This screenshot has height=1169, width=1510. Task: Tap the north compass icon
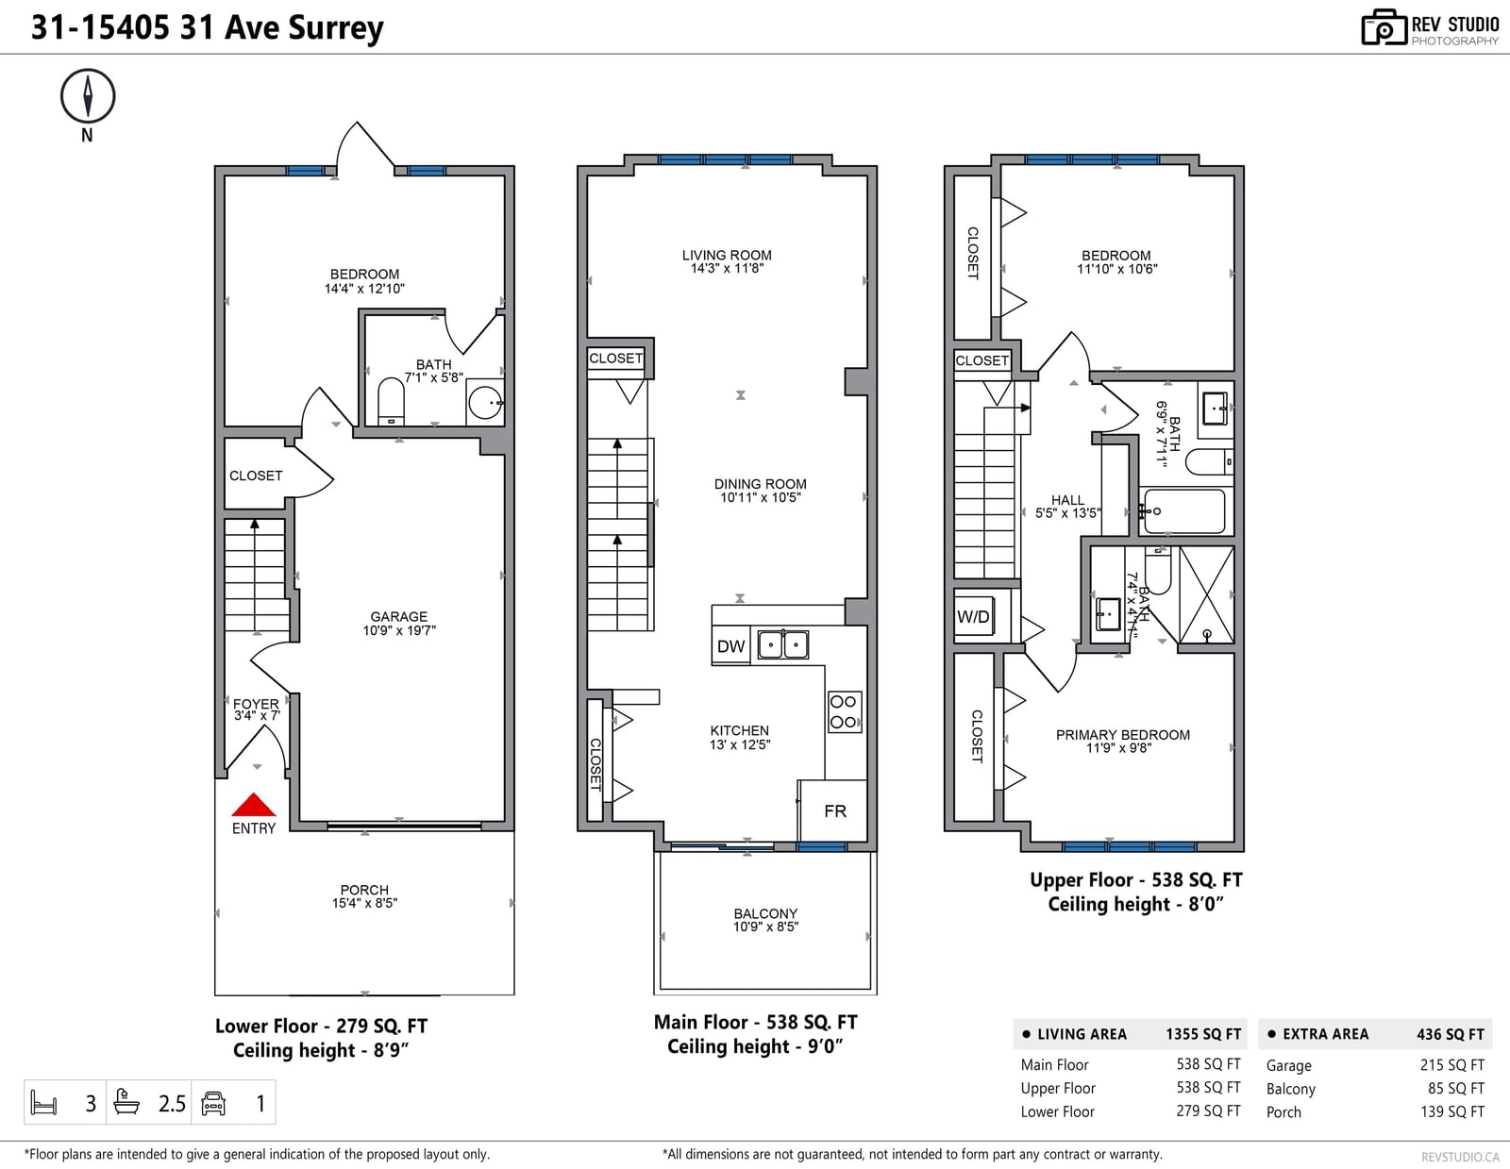(x=88, y=96)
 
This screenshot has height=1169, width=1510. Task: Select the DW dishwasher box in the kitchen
(x=730, y=646)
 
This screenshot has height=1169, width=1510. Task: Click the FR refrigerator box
(x=834, y=810)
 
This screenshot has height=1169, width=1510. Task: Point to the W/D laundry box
(x=973, y=616)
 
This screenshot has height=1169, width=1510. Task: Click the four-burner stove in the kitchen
(x=845, y=712)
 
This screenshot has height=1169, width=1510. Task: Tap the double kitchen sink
(x=783, y=644)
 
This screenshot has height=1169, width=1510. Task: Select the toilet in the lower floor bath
(x=391, y=402)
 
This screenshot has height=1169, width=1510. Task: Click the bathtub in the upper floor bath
(x=1184, y=511)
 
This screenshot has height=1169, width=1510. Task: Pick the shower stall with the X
(x=1207, y=595)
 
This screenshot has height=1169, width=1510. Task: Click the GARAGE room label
(x=399, y=617)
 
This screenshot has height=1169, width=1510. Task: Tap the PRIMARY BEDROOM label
(x=1123, y=735)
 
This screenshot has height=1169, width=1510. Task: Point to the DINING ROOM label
(x=761, y=484)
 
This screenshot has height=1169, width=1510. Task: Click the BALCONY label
(x=765, y=913)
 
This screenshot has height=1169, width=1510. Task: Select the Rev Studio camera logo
(x=1384, y=27)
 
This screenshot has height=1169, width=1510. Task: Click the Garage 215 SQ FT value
(x=1451, y=1065)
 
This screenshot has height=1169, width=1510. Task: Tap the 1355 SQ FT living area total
(x=1203, y=1034)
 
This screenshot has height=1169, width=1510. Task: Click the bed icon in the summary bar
(x=43, y=1103)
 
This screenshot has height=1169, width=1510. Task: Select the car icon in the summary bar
(x=213, y=1103)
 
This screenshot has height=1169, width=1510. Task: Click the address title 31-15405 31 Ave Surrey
(x=207, y=27)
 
